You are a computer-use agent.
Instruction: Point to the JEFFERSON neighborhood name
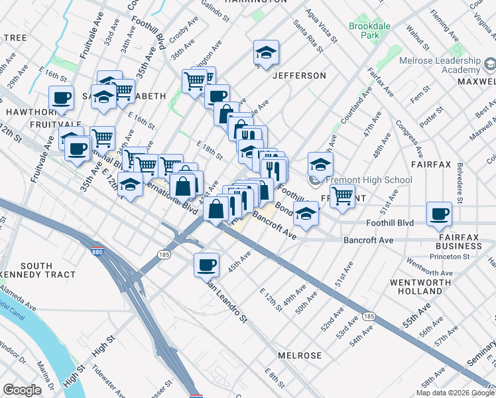(x=298, y=76)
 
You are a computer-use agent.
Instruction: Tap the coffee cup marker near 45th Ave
(x=206, y=265)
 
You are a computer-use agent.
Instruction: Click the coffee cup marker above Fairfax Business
(x=438, y=213)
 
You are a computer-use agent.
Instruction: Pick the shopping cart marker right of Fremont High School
(x=342, y=195)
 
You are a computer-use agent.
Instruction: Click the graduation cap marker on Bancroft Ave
(x=305, y=214)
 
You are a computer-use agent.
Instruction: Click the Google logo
(x=22, y=390)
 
